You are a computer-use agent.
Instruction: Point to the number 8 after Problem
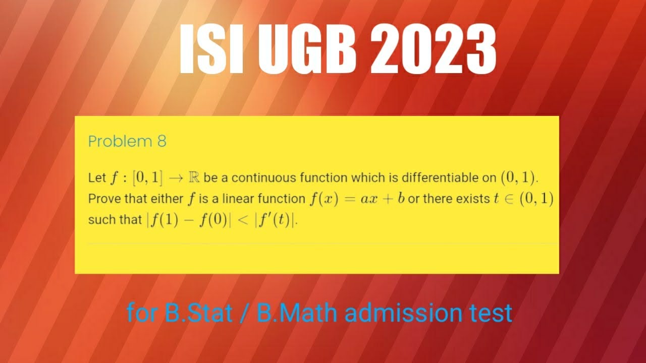click(x=161, y=142)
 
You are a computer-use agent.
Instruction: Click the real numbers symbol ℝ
click(x=193, y=177)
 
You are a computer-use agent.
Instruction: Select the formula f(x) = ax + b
click(x=358, y=199)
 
